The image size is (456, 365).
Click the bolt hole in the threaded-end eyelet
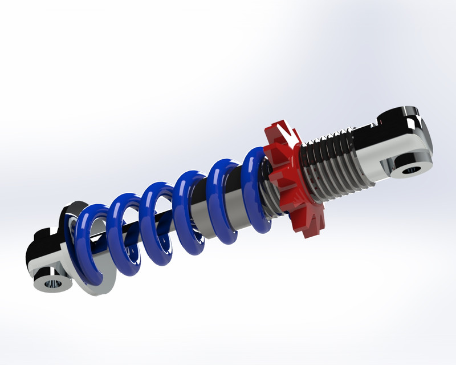pyautogui.click(x=410, y=170)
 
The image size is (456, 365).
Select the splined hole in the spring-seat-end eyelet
pyautogui.click(x=53, y=283)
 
